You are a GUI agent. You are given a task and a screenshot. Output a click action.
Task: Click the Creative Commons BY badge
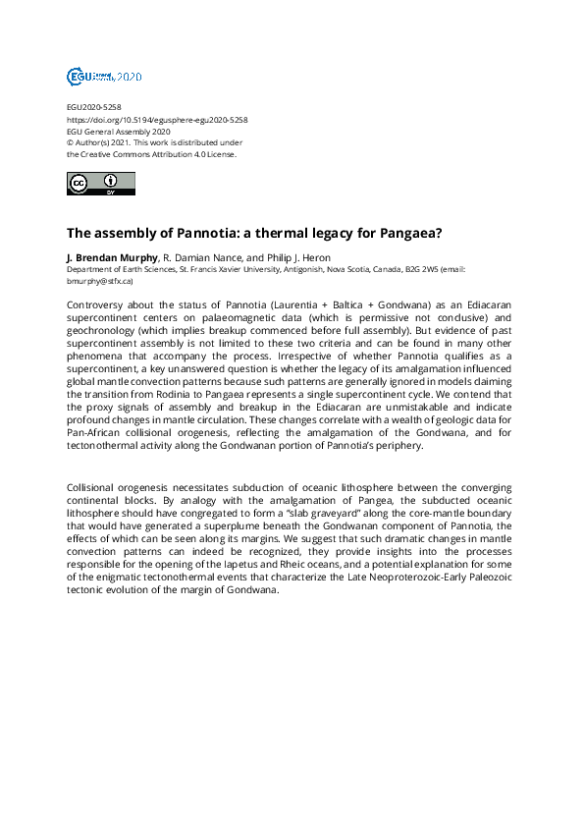point(100,184)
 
